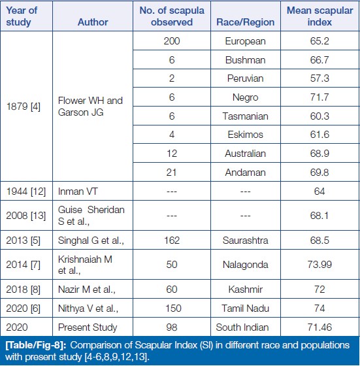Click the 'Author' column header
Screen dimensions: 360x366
pos(93,22)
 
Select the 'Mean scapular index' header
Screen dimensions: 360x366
pos(319,16)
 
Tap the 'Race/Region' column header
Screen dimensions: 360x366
pos(246,22)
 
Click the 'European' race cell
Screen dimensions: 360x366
pos(246,41)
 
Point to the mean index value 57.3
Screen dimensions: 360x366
pos(319,78)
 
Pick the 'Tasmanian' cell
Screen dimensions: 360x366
pos(246,116)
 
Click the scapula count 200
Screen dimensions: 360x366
pos(172,41)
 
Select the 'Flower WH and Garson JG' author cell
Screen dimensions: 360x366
pos(90,107)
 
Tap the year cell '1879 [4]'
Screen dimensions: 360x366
pos(24,107)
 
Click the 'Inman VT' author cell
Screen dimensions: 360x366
pos(78,191)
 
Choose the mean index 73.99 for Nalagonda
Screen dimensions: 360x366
pos(319,265)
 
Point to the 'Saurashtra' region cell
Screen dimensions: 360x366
pos(246,241)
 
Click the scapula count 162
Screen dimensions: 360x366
pos(172,241)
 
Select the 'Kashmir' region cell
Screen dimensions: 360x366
pos(246,290)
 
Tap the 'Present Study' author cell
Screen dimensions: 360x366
pos(88,327)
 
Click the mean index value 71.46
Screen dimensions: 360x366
pos(319,327)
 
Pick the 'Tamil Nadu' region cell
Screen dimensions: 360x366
pos(246,308)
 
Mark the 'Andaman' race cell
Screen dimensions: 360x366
pos(246,173)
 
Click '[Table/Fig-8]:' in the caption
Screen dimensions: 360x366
pos(36,345)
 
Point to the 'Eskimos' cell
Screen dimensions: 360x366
pos(246,135)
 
